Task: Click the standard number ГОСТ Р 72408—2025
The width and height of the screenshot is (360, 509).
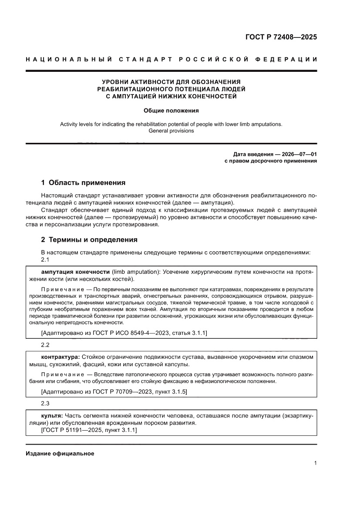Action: click(281, 37)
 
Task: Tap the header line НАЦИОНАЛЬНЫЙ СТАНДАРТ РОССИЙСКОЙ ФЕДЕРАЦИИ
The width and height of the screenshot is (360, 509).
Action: click(171, 59)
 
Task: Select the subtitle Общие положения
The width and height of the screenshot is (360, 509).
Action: click(171, 111)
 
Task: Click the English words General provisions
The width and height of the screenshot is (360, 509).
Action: click(171, 131)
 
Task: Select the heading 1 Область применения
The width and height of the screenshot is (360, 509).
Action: click(83, 182)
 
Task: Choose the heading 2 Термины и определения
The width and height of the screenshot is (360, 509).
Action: click(89, 239)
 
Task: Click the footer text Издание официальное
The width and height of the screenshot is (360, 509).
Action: click(60, 453)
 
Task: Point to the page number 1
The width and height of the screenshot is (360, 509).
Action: click(315, 463)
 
